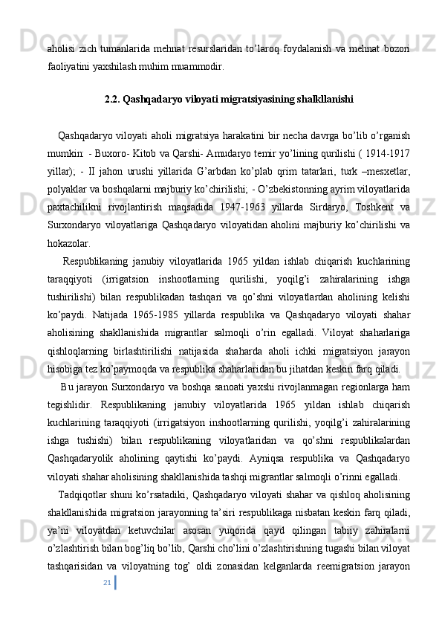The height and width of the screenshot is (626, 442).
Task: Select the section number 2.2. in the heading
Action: pos(113,97)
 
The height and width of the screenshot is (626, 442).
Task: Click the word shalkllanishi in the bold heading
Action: pos(306,97)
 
